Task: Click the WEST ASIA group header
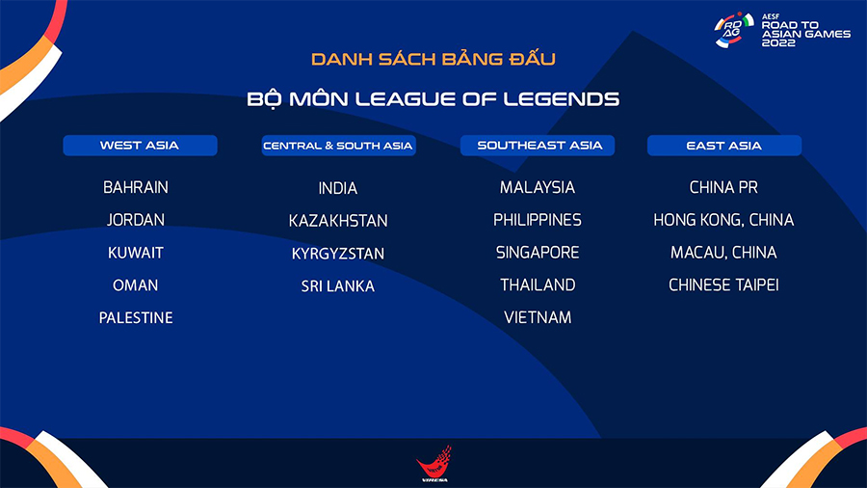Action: [x=140, y=146]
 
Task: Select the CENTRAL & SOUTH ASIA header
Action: [x=338, y=146]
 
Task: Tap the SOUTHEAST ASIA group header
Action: [x=538, y=146]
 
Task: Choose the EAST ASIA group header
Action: [x=724, y=146]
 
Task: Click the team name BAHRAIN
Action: [x=136, y=187]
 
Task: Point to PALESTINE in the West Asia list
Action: [x=136, y=317]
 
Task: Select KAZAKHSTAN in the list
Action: [x=338, y=221]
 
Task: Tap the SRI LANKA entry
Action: [x=338, y=286]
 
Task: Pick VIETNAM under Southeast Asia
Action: [x=538, y=317]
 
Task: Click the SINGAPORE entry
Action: [x=538, y=253]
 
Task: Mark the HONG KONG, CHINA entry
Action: [x=723, y=220]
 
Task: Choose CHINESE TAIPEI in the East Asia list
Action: [x=723, y=285]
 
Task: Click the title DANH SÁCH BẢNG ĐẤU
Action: [x=433, y=59]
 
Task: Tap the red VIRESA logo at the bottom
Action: [x=434, y=463]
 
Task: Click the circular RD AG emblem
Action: [x=734, y=29]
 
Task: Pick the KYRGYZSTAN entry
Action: [x=338, y=254]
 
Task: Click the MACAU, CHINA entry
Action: [x=723, y=253]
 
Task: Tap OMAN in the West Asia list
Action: [x=136, y=285]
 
